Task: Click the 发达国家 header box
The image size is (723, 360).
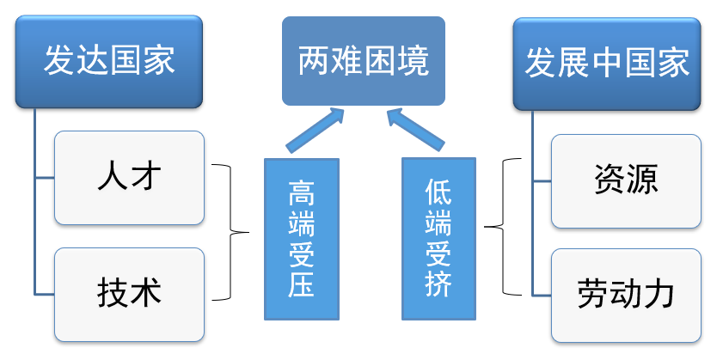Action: click(x=109, y=62)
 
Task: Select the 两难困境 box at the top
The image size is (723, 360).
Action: click(x=364, y=62)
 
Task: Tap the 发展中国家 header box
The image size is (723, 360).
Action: click(x=607, y=62)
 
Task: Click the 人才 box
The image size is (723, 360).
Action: click(x=129, y=178)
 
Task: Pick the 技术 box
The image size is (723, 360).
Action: click(x=129, y=294)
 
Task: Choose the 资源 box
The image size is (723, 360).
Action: click(x=626, y=180)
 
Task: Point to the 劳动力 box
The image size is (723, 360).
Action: click(x=626, y=295)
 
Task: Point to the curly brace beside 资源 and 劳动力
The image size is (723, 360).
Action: click(x=503, y=227)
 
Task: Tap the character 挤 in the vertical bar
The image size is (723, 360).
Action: click(x=438, y=284)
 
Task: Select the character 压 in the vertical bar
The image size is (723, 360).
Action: click(x=301, y=284)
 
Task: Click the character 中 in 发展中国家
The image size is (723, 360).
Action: click(x=607, y=62)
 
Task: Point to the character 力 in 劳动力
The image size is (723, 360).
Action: click(x=659, y=295)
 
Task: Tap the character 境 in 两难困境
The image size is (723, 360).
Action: click(x=413, y=62)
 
